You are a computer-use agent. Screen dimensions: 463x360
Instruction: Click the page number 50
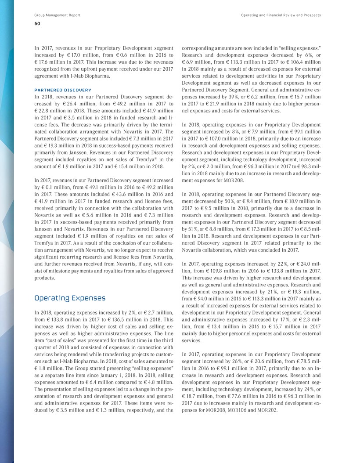coord(38,24)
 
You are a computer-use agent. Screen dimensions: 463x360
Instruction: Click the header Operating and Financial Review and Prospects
coord(281,15)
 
